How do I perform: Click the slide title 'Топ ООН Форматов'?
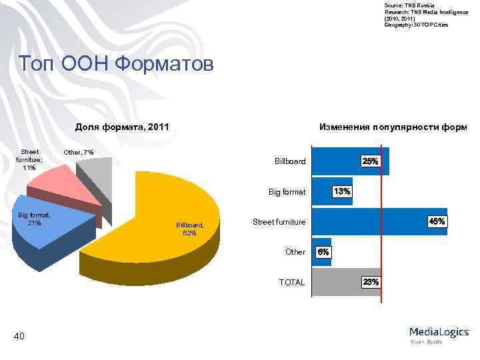click(x=117, y=65)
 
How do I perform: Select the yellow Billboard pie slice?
click(x=167, y=200)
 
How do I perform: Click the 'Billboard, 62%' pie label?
click(x=189, y=229)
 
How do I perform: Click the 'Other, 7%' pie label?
click(x=79, y=153)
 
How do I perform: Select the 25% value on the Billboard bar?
click(x=370, y=161)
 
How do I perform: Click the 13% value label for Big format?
click(x=342, y=191)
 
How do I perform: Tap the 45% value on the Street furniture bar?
click(x=437, y=221)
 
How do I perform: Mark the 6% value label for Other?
click(x=323, y=252)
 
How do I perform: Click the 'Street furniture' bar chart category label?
click(x=279, y=222)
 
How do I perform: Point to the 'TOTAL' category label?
click(x=292, y=283)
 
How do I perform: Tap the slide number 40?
click(x=19, y=336)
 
